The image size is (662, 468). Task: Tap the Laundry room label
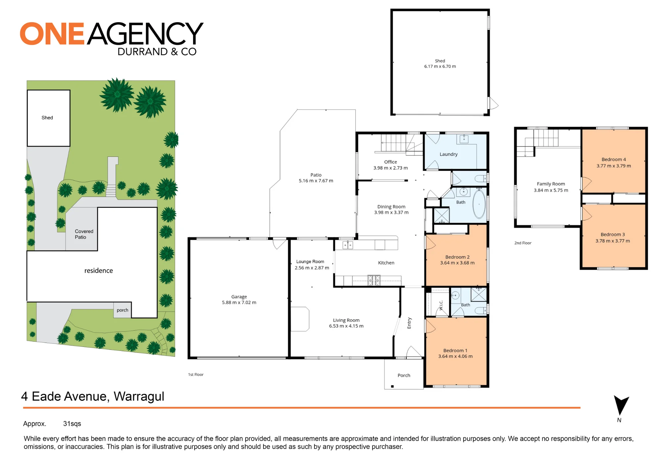[x=449, y=154]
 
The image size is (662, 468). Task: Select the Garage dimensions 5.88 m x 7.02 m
[x=239, y=303]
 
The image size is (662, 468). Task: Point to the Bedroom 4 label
[x=614, y=160]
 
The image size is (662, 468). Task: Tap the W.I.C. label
[x=441, y=305]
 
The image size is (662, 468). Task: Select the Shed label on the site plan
[x=47, y=117]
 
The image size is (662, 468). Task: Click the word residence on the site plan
[x=99, y=271]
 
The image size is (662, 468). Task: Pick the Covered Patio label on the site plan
[x=84, y=234]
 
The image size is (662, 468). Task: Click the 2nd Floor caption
[x=523, y=243]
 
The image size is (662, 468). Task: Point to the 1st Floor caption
[x=196, y=375]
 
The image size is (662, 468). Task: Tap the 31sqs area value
[x=72, y=424]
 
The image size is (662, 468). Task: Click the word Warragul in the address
[x=139, y=397]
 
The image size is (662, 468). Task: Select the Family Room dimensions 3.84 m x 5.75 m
[x=551, y=190]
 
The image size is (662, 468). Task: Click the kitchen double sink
[x=348, y=245]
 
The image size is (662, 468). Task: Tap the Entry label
[x=409, y=323]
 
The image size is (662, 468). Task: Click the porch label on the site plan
[x=122, y=310]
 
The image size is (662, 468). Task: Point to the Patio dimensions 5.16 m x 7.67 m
[x=316, y=181]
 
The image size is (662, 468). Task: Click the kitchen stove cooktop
[x=374, y=280]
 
